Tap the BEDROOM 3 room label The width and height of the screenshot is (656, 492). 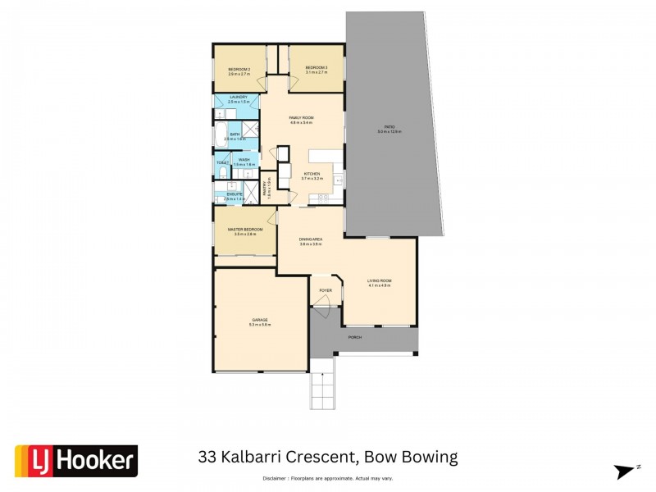coord(317,67)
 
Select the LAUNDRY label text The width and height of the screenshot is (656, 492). coord(238,97)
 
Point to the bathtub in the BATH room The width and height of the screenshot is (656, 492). coord(221,135)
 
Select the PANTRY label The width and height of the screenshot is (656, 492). coord(266,189)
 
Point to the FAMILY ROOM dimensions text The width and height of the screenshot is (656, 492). coord(302,123)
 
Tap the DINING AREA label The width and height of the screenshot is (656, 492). coord(310,239)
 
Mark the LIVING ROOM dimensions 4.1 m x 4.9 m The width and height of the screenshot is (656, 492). coord(379,285)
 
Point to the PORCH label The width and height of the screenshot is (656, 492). coord(354,337)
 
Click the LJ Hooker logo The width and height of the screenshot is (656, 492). coord(76,461)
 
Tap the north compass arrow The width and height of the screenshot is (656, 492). coord(626,471)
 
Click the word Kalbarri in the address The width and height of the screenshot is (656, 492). coord(267,457)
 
